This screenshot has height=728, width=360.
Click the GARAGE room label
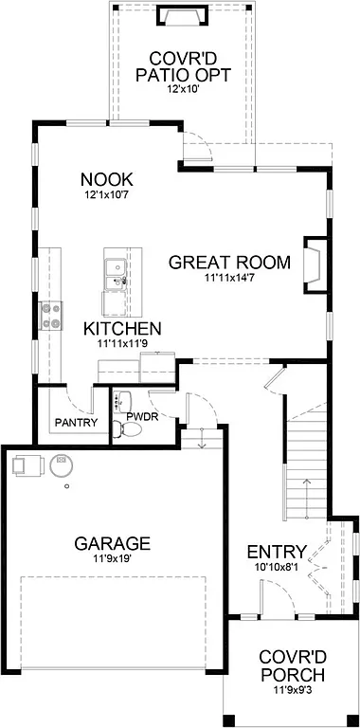112,543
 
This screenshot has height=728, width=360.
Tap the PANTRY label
76,422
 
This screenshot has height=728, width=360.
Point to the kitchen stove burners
49,316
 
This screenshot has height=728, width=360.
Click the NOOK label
106,179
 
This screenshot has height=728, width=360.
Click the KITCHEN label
122,329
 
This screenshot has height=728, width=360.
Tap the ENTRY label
276,552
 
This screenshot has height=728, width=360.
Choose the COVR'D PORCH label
293,666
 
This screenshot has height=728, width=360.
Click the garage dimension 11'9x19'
113,560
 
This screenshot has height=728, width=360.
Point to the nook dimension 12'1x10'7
105,195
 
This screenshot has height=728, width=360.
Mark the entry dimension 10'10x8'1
276,568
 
